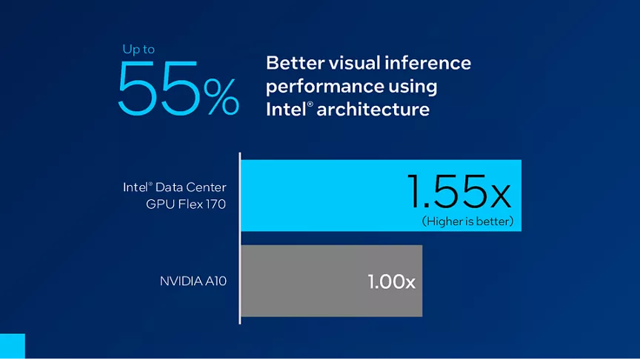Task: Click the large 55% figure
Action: (x=178, y=88)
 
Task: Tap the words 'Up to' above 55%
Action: (x=139, y=50)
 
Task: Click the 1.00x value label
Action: (x=391, y=282)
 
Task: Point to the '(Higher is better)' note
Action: (x=467, y=221)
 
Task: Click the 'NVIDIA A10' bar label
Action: (x=193, y=281)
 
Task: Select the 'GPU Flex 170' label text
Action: (x=186, y=203)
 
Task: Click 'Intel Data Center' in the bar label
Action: (x=175, y=187)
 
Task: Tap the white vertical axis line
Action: (x=240, y=237)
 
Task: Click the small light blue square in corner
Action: (x=12, y=347)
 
